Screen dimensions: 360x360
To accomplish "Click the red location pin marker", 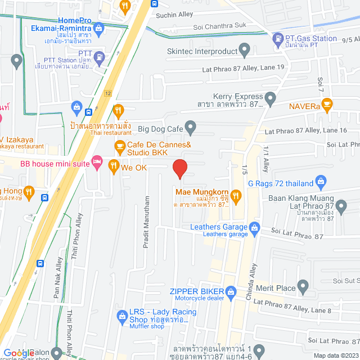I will pos(179,169).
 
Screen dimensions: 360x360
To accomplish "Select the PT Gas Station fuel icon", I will pos(277,39).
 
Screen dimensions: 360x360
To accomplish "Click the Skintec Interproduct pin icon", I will pos(245,51).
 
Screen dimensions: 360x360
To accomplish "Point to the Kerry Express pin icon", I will pos(271,101).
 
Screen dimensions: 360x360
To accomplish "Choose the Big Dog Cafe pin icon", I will pos(191,129).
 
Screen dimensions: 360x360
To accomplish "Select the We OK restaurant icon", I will pos(113,166).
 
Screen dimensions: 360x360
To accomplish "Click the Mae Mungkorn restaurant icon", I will pos(236,196).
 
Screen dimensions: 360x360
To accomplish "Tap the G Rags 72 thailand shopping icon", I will pos(321,182).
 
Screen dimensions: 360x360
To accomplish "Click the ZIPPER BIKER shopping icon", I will pos(231,292).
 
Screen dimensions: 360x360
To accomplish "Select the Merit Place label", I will pos(276,289).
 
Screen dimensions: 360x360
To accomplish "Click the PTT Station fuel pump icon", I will pos(99,57).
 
